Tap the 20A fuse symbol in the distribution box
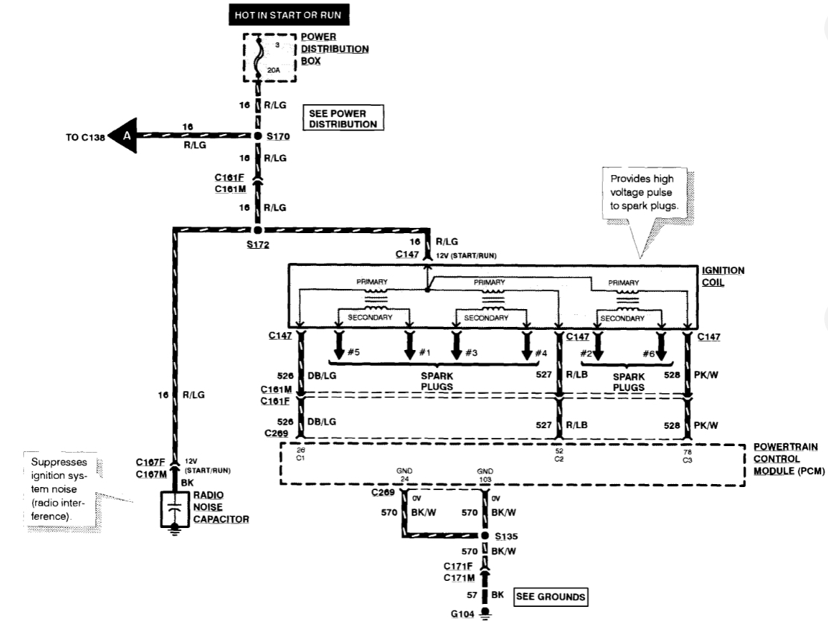coord(259,59)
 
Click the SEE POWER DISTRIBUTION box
coord(343,118)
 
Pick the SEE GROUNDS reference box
coord(550,596)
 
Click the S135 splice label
coord(505,535)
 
